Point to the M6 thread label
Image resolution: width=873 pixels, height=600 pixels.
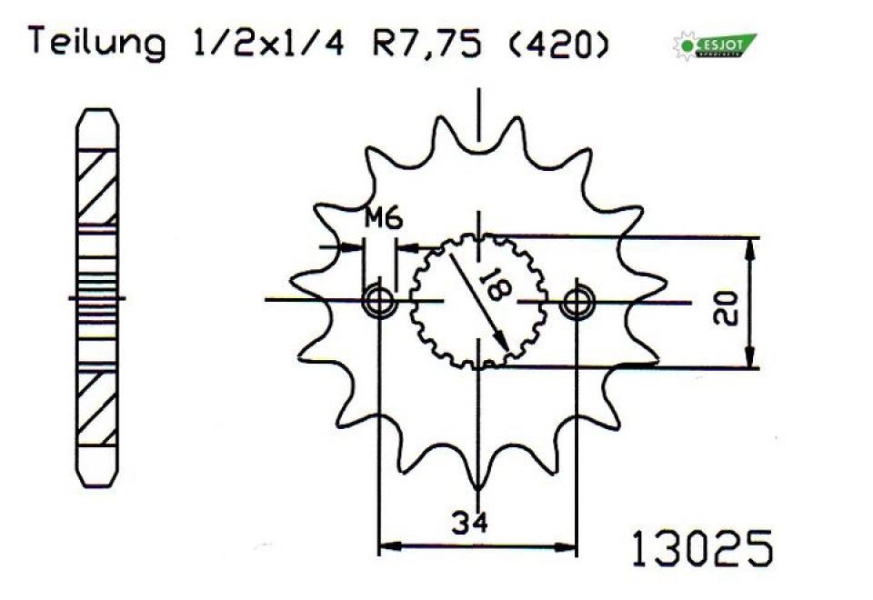(383, 218)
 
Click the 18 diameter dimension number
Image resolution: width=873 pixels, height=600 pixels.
(498, 285)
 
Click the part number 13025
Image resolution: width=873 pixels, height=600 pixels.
(701, 549)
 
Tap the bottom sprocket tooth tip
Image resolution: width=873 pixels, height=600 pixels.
(478, 485)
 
